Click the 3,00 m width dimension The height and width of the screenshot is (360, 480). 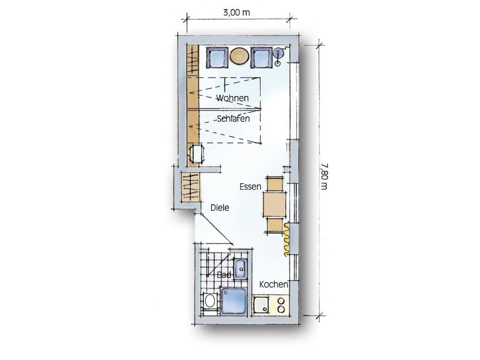point(236,13)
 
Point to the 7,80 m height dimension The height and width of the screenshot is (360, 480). point(324,177)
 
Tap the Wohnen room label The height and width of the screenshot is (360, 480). point(232,98)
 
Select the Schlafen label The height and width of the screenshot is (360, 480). point(233,119)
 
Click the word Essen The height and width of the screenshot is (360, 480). point(250,187)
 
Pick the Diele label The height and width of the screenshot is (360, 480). point(220,208)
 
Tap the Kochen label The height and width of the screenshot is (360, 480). point(274,284)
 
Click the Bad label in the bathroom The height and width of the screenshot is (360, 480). point(224,275)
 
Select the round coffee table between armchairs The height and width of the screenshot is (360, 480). point(240,56)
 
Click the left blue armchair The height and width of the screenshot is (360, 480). point(217,58)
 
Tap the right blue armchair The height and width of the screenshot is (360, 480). point(262,58)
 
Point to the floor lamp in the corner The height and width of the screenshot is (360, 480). point(278,56)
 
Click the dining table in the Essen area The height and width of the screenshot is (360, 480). point(275,204)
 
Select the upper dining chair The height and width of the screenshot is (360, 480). point(275,184)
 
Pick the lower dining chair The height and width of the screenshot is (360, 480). point(275,226)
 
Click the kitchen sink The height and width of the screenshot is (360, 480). point(261,305)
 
